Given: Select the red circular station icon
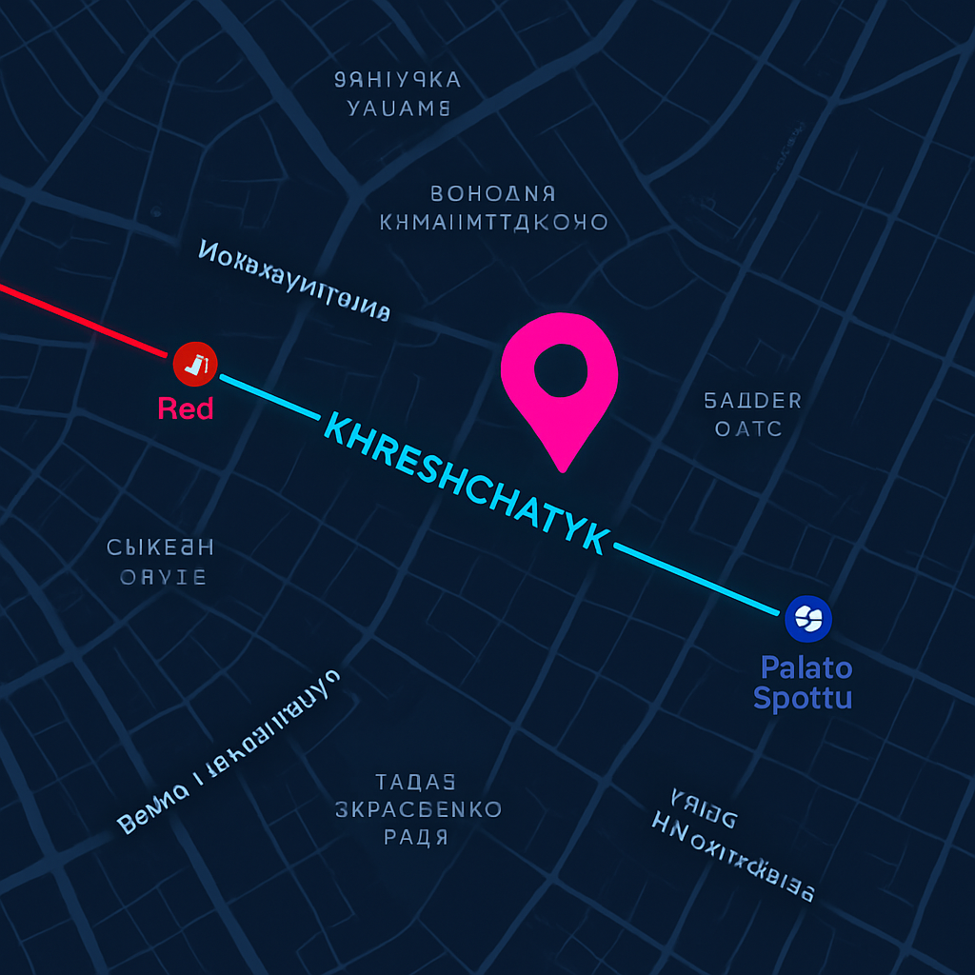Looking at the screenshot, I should (195, 363).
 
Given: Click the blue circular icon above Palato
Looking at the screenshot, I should (808, 618).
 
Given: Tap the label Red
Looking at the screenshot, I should (186, 409).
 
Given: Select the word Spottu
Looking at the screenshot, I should (802, 698).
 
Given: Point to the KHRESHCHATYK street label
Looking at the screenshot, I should (467, 484).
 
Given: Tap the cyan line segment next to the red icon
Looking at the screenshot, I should (270, 396).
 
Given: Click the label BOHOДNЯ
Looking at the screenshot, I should (492, 194).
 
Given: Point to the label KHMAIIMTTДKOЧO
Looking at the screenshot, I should (493, 223).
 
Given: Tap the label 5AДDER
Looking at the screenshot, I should (752, 400).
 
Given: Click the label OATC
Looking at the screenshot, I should (748, 428).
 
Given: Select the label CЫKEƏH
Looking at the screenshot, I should (160, 547).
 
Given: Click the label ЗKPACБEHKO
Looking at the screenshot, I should (418, 809).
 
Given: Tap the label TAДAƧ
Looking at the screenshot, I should (415, 782).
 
